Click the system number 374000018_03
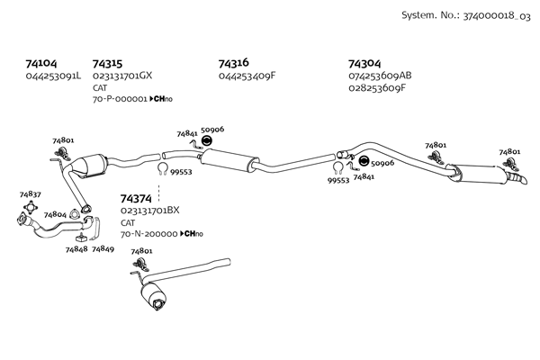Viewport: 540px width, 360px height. click(x=491, y=17)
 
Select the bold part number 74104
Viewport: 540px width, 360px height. click(x=41, y=64)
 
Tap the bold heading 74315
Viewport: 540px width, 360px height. click(x=107, y=64)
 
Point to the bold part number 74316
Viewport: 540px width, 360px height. click(x=233, y=64)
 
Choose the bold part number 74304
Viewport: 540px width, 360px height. click(x=364, y=64)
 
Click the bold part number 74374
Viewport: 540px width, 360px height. click(x=135, y=198)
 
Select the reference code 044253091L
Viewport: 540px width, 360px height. click(x=53, y=76)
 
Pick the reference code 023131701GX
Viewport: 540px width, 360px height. click(x=122, y=76)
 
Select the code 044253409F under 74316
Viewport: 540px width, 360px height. click(x=247, y=76)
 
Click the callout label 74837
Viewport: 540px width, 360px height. click(x=30, y=194)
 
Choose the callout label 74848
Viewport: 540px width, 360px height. click(x=76, y=248)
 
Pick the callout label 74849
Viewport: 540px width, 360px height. click(x=103, y=248)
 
